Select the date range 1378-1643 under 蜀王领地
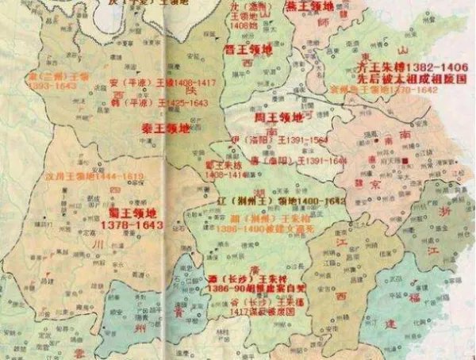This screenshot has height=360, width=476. coord(132,225)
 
